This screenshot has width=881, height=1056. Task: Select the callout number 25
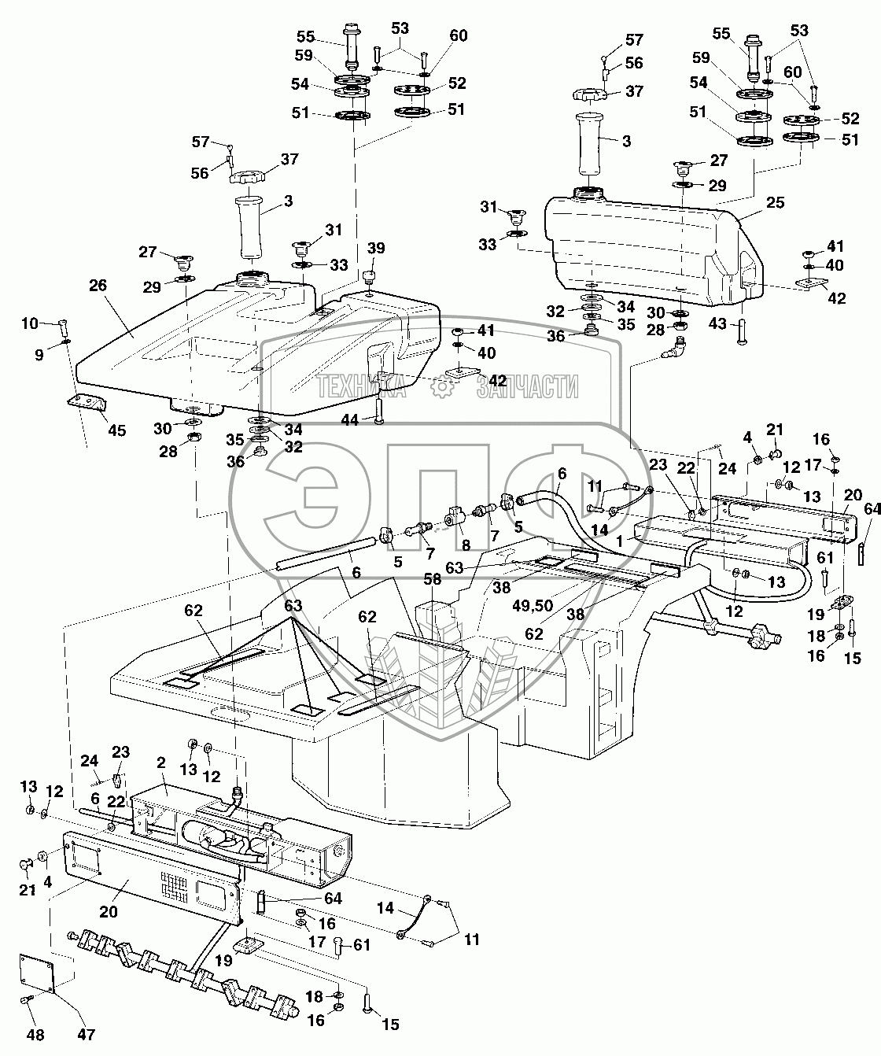[x=775, y=204]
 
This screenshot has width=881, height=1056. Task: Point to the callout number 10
[x=29, y=323]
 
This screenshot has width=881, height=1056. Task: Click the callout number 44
[x=349, y=421]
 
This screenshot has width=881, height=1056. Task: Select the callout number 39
[x=377, y=248]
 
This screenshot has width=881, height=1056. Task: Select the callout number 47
[x=87, y=1034]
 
